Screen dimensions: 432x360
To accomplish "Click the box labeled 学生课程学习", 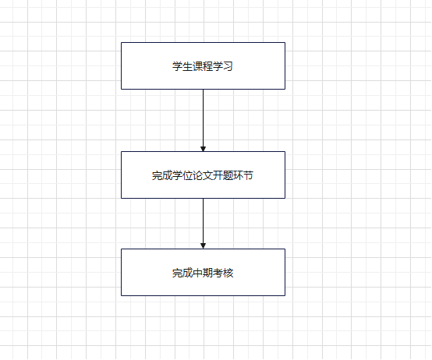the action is pos(203,65).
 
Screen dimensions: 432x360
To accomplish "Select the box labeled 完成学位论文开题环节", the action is pos(203,175).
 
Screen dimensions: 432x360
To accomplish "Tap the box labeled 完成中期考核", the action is pos(203,273).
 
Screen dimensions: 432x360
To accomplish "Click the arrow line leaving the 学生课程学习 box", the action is pos(203,120).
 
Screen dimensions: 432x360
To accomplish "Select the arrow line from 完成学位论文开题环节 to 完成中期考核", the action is pos(203,224).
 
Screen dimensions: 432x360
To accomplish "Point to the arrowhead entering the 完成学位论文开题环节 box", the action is pos(203,149).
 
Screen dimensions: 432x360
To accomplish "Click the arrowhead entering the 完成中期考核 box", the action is pos(203,246).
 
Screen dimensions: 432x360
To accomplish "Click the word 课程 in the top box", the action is pos(203,66).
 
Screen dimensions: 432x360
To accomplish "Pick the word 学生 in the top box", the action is pos(182,66).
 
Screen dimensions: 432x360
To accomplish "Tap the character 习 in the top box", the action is pos(228,66).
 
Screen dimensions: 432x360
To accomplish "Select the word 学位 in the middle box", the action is pos(182,175).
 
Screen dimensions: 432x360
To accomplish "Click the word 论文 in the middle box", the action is pos(203,175).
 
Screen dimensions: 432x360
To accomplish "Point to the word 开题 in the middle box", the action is pos(223,175).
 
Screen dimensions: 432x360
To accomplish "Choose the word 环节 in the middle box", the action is pos(243,175).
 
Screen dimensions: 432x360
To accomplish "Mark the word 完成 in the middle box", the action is pos(162,175).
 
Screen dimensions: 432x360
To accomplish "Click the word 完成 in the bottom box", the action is pos(182,273).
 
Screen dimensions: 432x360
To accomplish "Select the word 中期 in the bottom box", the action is pos(203,273).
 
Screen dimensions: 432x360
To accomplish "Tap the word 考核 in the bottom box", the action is pos(223,273).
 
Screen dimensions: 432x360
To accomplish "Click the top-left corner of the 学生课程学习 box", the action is pos(121,42).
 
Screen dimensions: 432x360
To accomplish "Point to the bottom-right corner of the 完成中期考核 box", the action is pos(285,296).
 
